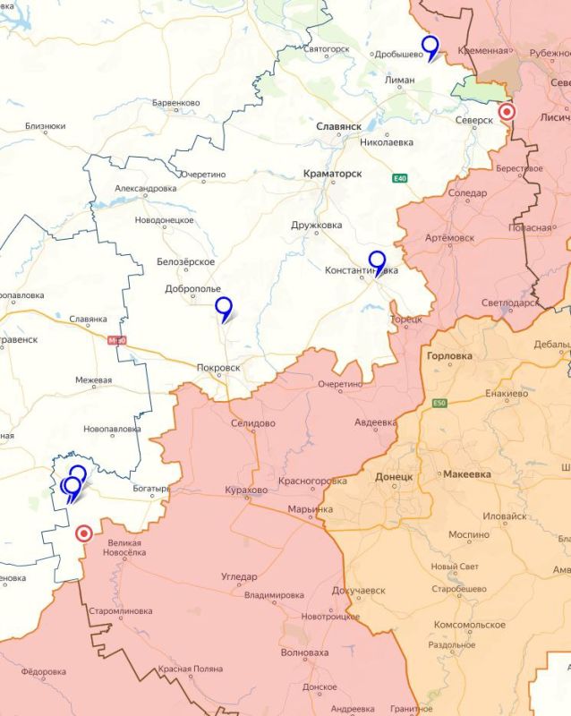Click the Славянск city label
(339, 127)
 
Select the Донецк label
(394, 477)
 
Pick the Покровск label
(218, 367)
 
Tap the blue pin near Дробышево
(430, 47)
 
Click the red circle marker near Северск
(507, 112)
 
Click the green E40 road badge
(400, 179)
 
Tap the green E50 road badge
(439, 405)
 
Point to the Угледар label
(239, 577)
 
